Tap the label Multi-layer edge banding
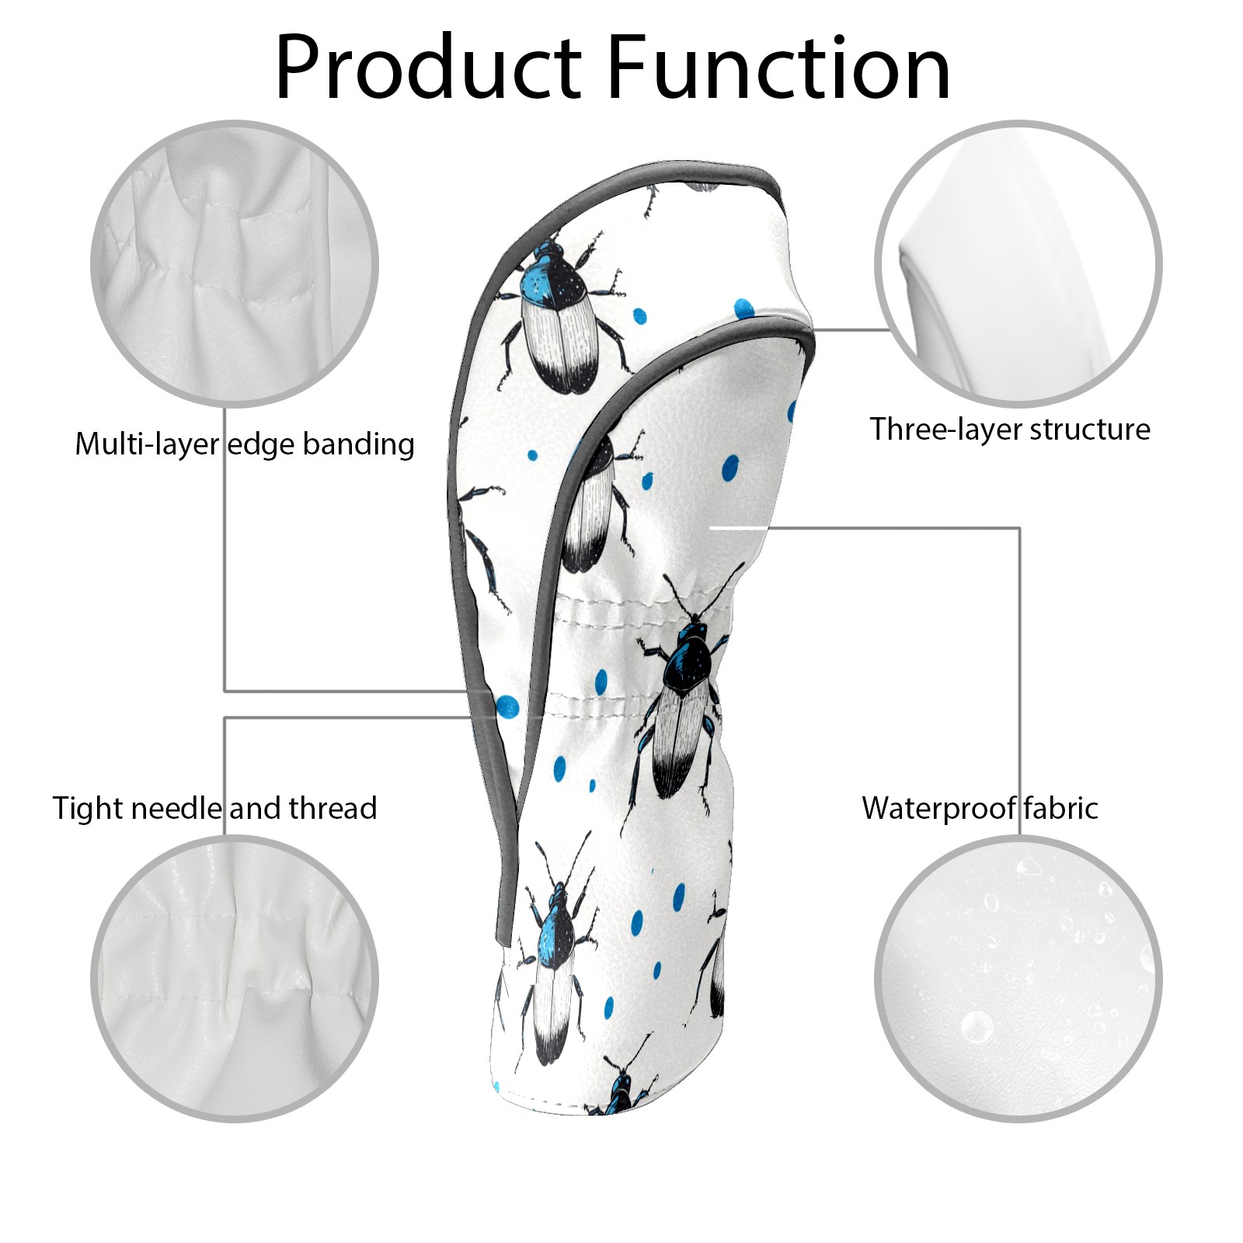(244, 444)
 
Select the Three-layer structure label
(1009, 430)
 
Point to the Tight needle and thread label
(214, 809)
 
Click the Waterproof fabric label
(980, 809)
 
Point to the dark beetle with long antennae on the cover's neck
(684, 699)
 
